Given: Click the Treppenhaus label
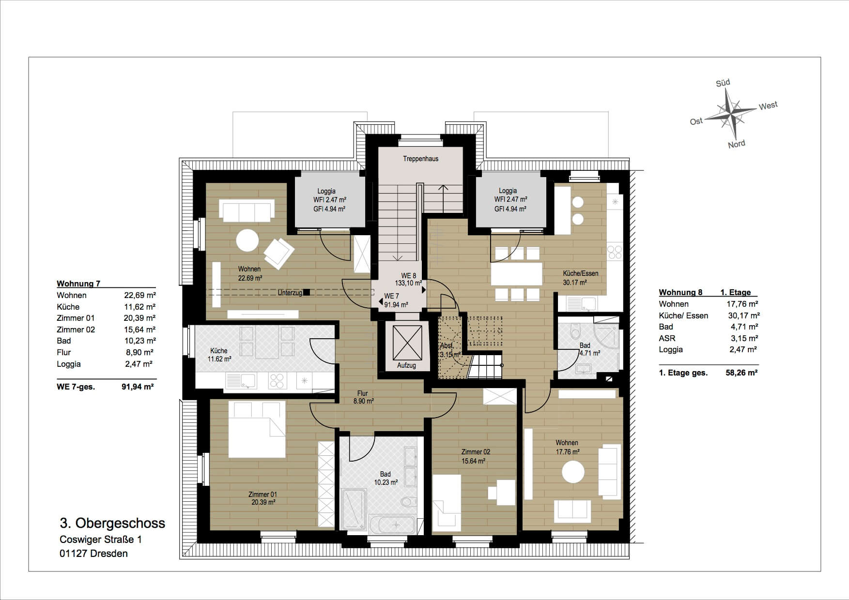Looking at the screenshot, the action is (x=420, y=159).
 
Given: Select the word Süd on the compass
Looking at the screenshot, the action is (x=723, y=83).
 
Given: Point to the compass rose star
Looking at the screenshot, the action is (x=730, y=114).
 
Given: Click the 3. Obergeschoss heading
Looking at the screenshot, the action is (x=112, y=523).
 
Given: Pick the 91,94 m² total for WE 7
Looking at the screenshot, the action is (x=138, y=387).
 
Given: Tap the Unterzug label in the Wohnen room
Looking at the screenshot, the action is (x=290, y=293).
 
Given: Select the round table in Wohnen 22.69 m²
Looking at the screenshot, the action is (x=247, y=240).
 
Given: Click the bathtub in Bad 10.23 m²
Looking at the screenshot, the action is (x=392, y=524).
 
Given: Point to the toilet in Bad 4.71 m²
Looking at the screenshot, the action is (x=575, y=331).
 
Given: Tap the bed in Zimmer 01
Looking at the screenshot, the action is (x=257, y=430).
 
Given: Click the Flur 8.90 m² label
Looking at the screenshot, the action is (x=363, y=397).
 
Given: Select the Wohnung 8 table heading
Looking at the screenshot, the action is (x=680, y=292).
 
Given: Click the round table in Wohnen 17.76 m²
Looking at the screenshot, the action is (x=573, y=472).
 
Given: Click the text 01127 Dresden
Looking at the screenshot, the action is (x=93, y=554).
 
